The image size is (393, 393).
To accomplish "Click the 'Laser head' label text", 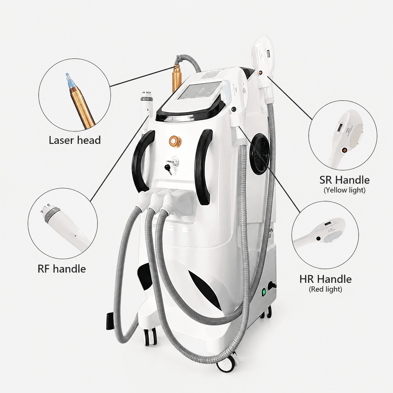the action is (x=75, y=140).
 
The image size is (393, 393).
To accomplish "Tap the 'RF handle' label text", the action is (x=62, y=269).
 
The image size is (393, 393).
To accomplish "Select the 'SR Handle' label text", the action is (x=344, y=180).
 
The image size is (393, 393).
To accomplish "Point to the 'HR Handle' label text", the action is (x=326, y=279).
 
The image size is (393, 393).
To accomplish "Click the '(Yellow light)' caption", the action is (x=344, y=190).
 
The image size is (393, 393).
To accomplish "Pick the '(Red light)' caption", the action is (x=325, y=289).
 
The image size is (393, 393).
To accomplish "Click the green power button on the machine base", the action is (x=264, y=293).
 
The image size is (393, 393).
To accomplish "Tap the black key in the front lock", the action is (x=168, y=169).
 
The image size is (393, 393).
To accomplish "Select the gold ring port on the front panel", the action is (x=175, y=141).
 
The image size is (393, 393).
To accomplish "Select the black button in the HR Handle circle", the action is (x=318, y=238).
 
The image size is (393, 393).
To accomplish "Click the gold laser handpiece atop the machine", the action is (x=177, y=78).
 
